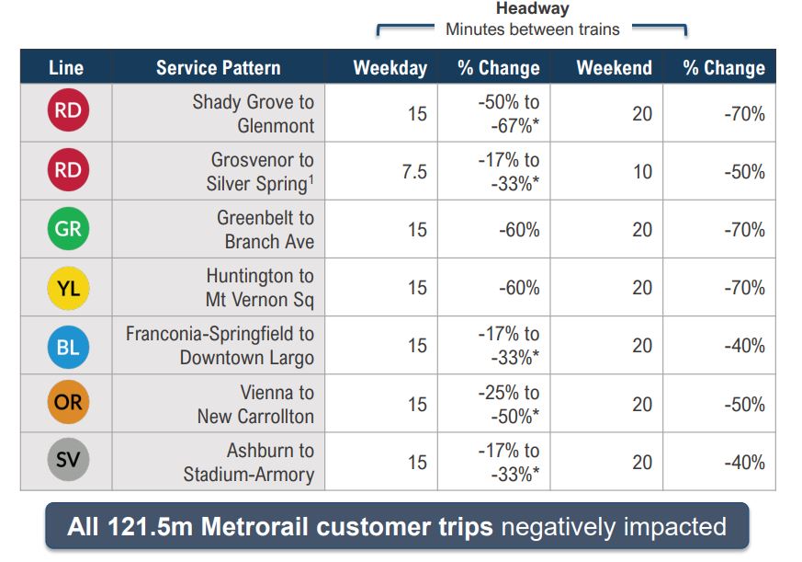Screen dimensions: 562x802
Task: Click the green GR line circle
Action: (x=67, y=230)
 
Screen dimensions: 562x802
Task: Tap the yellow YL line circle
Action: (x=67, y=288)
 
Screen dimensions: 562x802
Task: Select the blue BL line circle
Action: (x=67, y=346)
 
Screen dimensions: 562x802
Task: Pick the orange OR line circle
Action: (x=67, y=404)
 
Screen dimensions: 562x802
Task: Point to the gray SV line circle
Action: (x=67, y=462)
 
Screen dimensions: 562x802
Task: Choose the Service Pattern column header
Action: (x=218, y=68)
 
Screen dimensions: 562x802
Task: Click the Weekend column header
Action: (x=614, y=68)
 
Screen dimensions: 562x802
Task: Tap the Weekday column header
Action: (x=390, y=68)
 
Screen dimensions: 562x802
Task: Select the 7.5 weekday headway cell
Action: (x=414, y=172)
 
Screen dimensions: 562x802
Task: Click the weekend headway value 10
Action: (x=642, y=172)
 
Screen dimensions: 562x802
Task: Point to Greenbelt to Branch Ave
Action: (x=265, y=230)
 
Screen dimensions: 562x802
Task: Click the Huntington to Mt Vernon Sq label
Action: (x=259, y=288)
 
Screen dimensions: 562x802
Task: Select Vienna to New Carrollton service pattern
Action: (x=255, y=404)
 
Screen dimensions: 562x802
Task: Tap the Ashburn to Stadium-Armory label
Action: (x=248, y=463)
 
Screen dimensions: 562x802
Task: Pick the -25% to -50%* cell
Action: (x=508, y=404)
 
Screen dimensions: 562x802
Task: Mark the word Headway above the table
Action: (x=532, y=9)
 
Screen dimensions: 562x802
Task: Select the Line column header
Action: (x=66, y=68)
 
